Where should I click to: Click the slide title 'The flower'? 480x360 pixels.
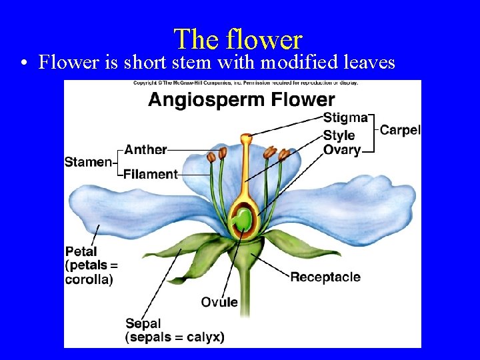coord(238,39)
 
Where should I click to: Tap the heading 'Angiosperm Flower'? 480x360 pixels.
coord(241,100)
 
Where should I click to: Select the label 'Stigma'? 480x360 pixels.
coord(345,118)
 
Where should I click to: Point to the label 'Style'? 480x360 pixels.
coord(339,135)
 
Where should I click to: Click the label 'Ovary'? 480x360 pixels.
coord(342,150)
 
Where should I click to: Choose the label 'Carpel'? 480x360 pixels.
coord(400,129)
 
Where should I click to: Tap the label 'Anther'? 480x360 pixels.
coord(145,149)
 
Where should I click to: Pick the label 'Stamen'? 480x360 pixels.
coord(88,162)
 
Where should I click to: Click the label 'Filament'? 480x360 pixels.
coord(151,175)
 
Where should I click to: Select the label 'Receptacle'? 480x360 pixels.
coord(325,277)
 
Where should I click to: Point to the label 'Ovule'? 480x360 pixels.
coord(219,302)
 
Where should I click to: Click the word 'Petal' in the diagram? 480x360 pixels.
coord(81,252)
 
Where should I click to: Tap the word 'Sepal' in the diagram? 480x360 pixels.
coord(143,324)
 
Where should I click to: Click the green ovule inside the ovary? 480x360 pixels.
coord(243,219)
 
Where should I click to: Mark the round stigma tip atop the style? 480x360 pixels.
coord(247,139)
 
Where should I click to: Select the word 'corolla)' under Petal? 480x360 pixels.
coord(89,279)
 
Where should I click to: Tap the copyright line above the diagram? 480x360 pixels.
coord(245,83)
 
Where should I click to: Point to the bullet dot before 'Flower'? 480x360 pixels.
coord(23,64)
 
